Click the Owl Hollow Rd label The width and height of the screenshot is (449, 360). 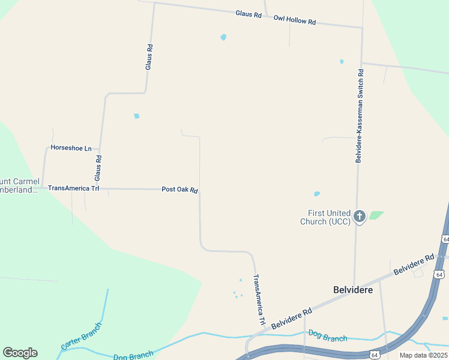point(294,20)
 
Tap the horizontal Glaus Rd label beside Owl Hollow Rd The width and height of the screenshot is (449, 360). point(249,13)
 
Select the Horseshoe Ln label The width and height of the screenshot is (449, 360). point(71,148)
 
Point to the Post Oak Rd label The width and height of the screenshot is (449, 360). point(179,190)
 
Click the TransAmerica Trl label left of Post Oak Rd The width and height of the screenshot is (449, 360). point(73,188)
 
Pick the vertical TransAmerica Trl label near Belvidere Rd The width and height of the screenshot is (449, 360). point(259,300)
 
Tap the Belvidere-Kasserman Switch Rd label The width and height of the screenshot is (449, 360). point(360,115)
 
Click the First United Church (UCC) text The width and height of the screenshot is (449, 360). point(328,217)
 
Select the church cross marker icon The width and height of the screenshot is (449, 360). point(360,217)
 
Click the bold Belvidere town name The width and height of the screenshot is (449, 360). point(353,290)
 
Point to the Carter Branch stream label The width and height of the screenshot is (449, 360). point(81,337)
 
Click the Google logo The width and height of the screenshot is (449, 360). point(20,353)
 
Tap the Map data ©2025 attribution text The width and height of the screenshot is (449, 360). point(423,355)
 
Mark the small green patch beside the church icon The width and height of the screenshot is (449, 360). point(376,215)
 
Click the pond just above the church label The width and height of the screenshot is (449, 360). point(316,194)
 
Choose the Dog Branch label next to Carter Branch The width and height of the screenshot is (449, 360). point(133,356)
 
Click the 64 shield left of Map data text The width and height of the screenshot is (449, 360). point(374,355)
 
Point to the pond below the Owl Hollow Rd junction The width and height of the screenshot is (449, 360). point(223,37)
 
